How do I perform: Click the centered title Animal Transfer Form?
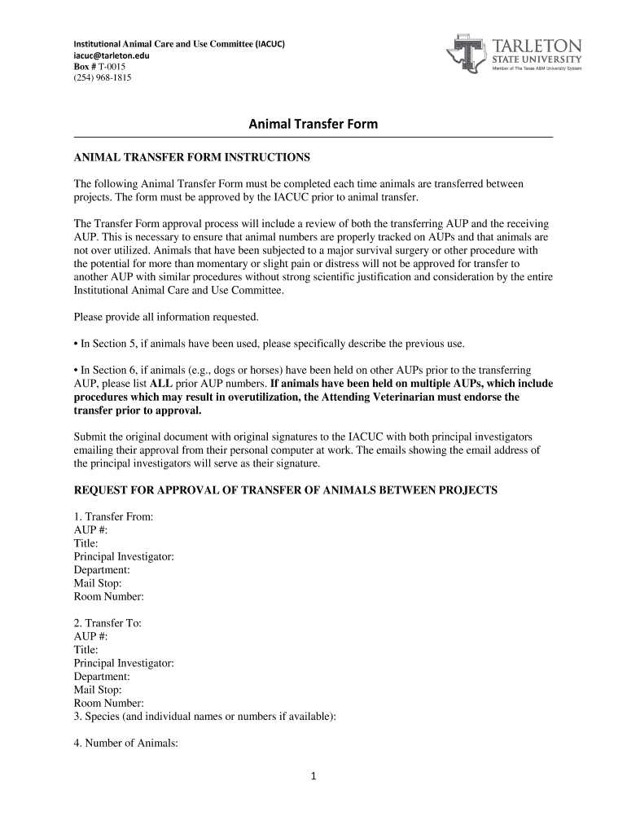coord(313,124)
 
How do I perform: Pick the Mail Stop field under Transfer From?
coord(98,583)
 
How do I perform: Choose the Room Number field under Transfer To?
coord(108,703)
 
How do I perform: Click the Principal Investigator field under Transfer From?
coord(124,557)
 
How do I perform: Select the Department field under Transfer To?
coord(102,676)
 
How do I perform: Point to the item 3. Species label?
coord(204,717)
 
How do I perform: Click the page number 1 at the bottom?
coord(313,776)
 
